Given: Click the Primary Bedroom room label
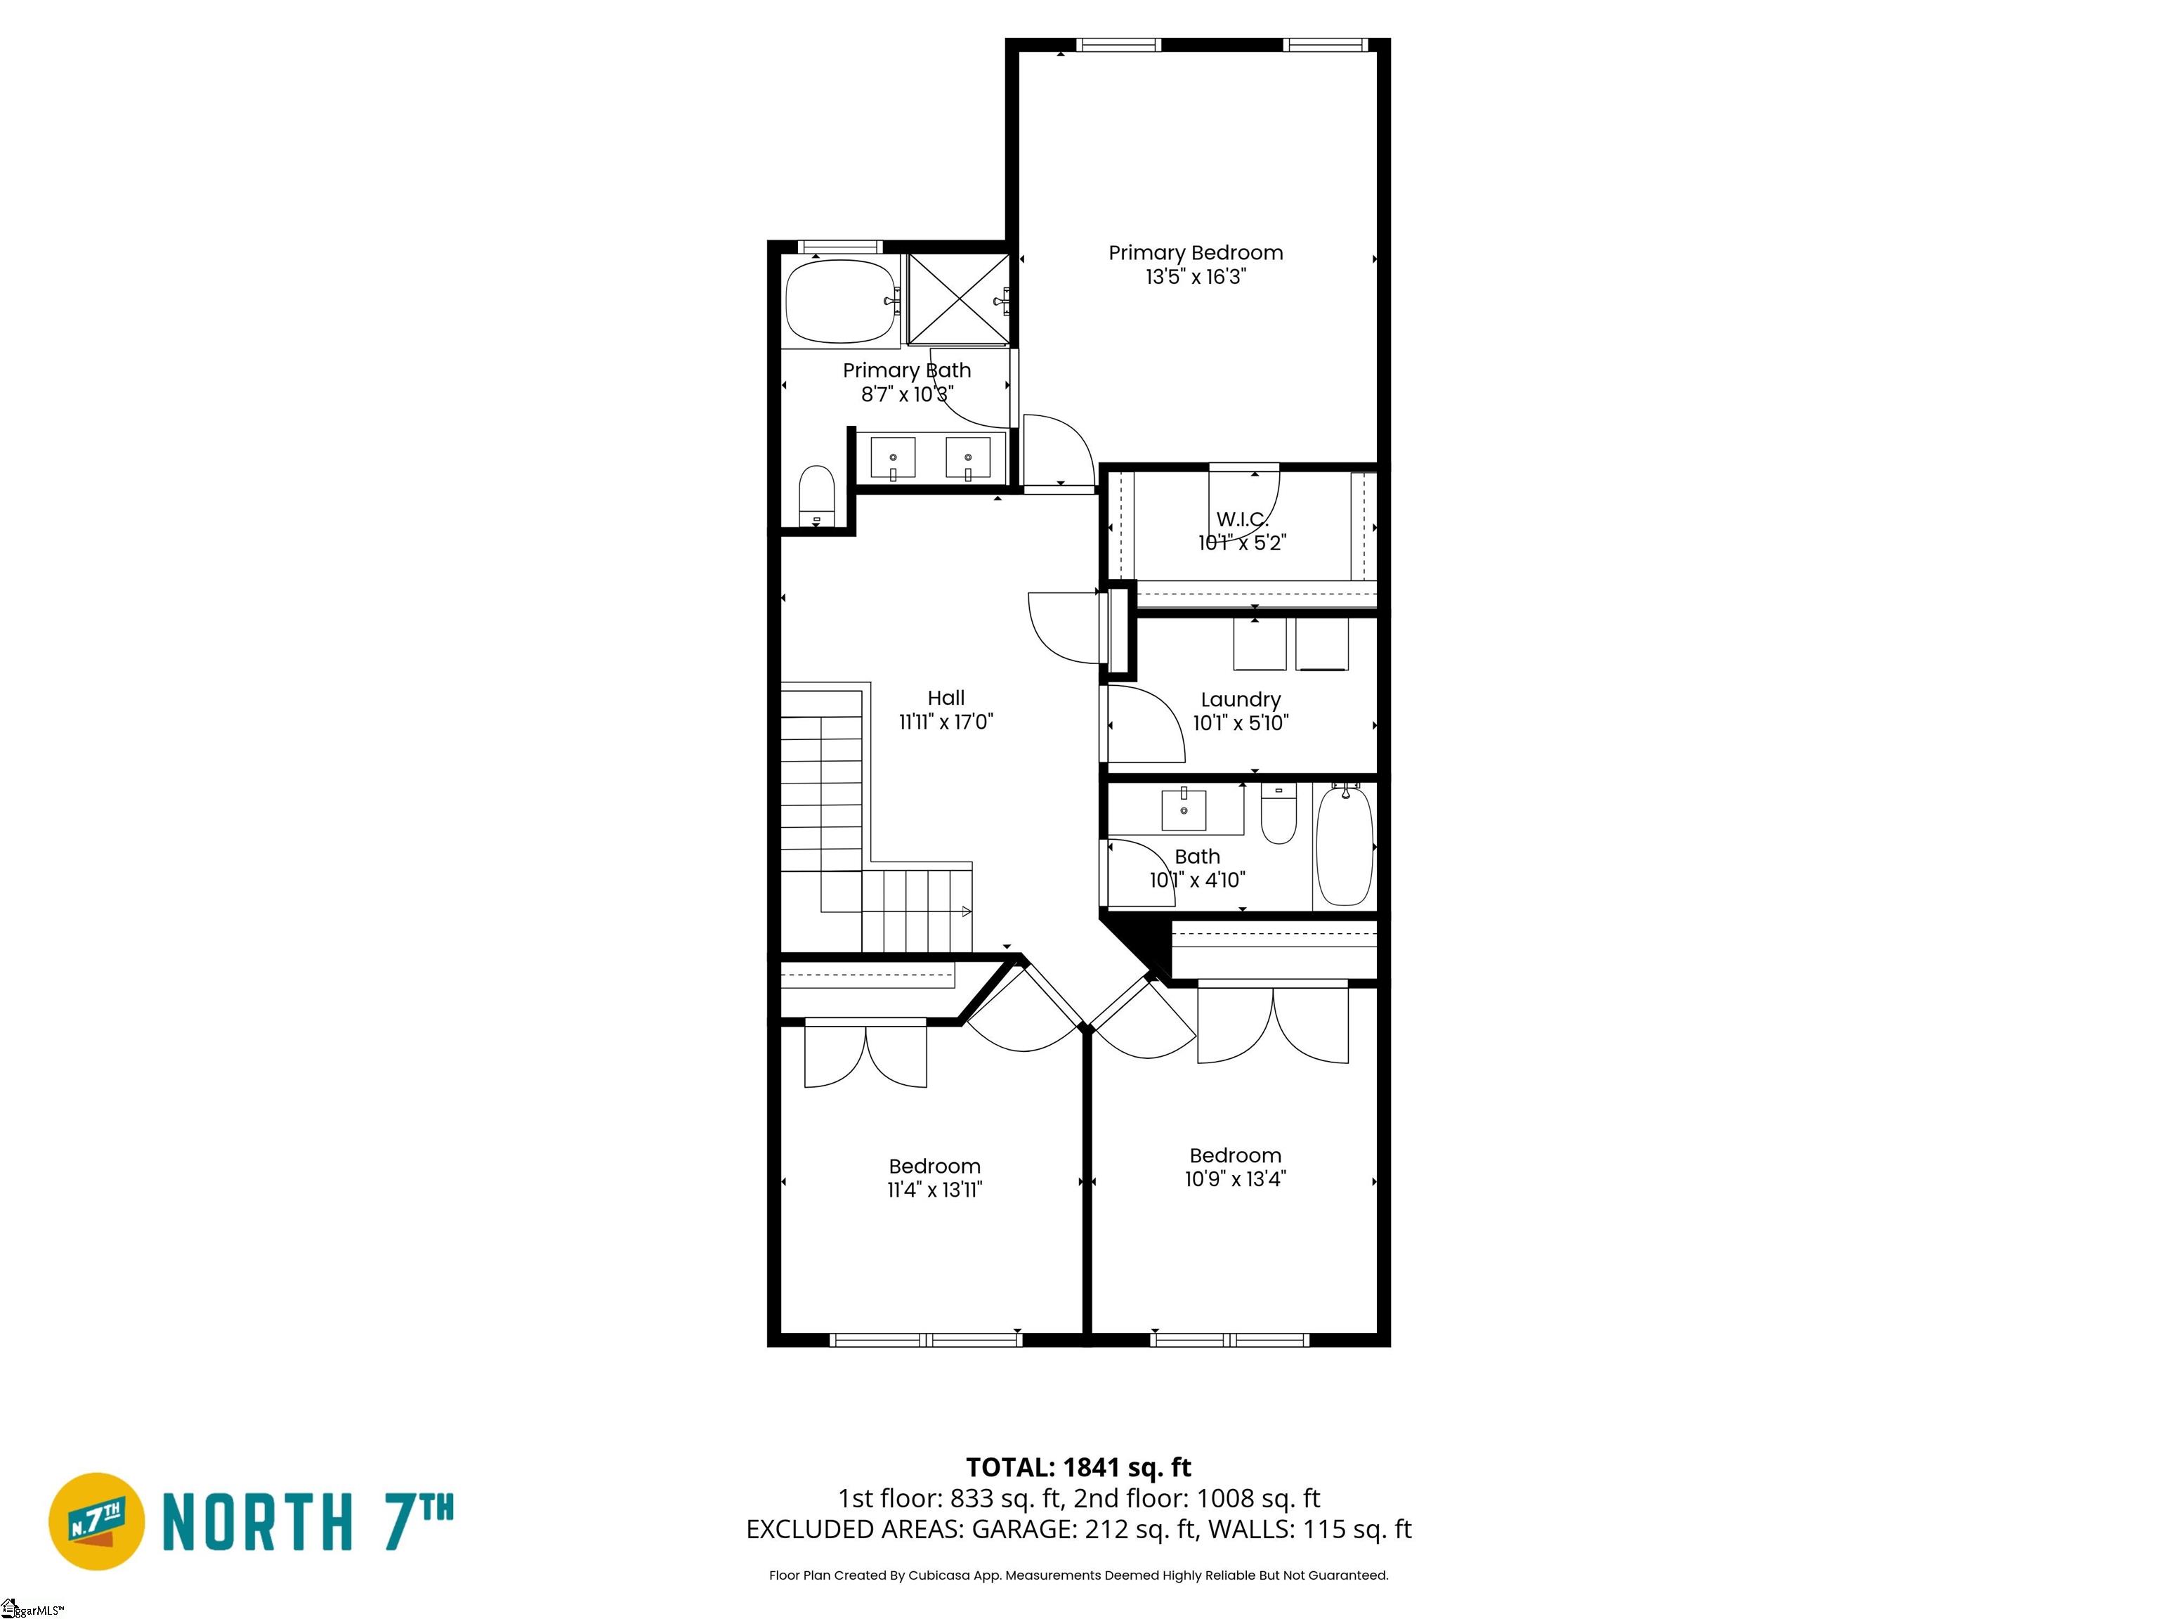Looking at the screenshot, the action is coord(1195,253).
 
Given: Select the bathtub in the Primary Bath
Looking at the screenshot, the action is coord(842,301).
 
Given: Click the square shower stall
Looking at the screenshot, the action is coord(958,299).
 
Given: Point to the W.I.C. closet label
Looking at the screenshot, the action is coord(1242,519).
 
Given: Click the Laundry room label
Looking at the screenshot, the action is coord(1240,700).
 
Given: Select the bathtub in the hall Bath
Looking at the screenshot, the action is coord(1345,845).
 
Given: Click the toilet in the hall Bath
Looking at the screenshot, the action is coord(1278,814).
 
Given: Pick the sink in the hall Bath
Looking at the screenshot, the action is coord(1184,809).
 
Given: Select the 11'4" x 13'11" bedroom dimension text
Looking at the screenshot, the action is coord(934,1190).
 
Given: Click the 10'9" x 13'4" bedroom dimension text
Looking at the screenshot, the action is coord(1235,1179).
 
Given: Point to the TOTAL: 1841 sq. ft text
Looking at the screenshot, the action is coord(1078,1468).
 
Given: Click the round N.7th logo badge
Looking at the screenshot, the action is coord(96,1521).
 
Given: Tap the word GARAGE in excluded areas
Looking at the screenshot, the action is coord(1024,1529).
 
